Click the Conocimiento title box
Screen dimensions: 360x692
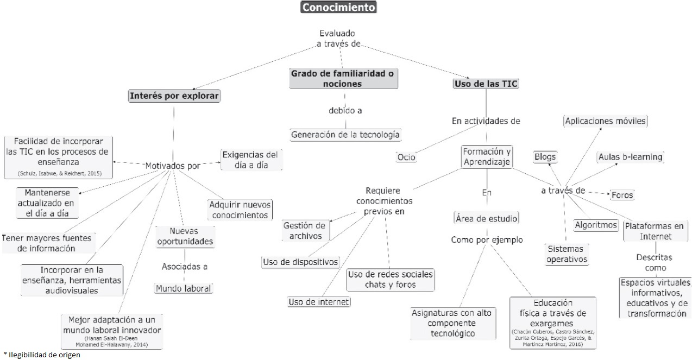(338, 7)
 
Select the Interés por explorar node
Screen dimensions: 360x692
(174, 97)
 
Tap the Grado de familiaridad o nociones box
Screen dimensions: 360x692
(343, 78)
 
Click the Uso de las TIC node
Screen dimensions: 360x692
(486, 84)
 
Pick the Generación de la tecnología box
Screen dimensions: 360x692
(345, 134)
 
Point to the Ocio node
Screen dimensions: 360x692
(406, 157)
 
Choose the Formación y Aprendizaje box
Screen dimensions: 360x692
(487, 157)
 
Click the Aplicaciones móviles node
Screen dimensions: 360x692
(606, 121)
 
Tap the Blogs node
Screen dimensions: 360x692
(545, 157)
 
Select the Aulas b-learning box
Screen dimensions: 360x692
(630, 157)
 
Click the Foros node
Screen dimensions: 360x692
(622, 194)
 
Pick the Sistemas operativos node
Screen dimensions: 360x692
(567, 254)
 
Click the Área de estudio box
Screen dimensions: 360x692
(486, 218)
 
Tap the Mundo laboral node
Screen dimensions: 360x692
(183, 288)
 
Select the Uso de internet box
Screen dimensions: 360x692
(319, 302)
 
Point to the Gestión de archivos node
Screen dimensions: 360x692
(305, 231)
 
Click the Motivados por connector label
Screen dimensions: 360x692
(173, 166)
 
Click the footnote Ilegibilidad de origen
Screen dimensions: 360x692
(42, 355)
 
